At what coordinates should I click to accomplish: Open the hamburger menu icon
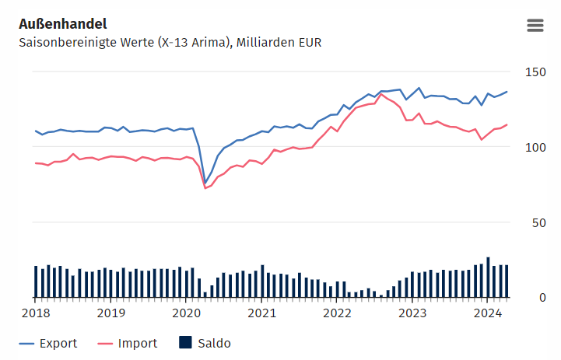(535, 25)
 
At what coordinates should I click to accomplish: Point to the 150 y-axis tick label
(536, 72)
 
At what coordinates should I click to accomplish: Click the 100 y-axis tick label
(536, 148)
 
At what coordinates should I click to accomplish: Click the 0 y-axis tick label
(543, 298)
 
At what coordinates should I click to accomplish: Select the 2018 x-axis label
(35, 313)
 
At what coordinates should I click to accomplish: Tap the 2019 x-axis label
(110, 313)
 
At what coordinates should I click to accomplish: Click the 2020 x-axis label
(186, 313)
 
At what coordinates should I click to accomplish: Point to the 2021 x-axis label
(261, 313)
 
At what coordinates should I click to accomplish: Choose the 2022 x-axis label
(337, 313)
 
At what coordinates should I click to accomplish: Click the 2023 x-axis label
(412, 313)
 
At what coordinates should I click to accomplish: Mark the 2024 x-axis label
(488, 313)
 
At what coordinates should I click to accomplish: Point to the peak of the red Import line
(381, 94)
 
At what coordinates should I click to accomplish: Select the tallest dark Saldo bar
(488, 277)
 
